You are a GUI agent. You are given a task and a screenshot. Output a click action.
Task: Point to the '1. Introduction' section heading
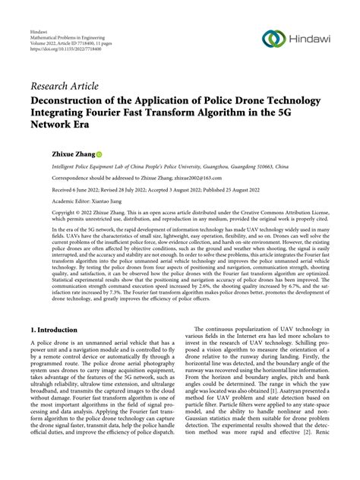(56, 330)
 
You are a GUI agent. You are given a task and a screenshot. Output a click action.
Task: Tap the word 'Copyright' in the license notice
(44, 214)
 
